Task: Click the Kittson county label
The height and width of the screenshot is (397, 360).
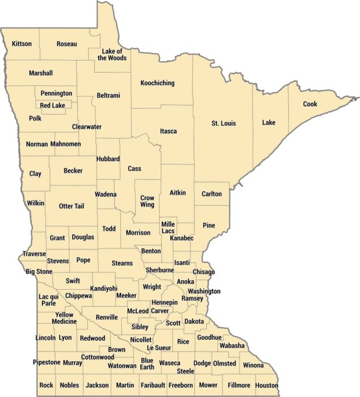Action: (x=22, y=44)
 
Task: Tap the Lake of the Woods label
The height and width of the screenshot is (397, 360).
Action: (x=112, y=54)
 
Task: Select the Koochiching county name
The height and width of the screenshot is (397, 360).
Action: (x=157, y=83)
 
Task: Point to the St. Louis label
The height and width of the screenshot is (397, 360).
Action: (x=223, y=123)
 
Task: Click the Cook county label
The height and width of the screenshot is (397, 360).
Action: (x=309, y=104)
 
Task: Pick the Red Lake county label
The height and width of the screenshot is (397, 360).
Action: (x=52, y=105)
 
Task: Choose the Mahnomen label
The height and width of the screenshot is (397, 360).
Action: (x=65, y=144)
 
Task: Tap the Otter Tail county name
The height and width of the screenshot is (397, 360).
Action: (x=71, y=206)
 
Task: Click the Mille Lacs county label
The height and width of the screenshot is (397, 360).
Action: (x=168, y=228)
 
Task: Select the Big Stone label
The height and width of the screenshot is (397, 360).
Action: (x=39, y=272)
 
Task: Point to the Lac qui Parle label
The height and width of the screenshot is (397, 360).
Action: (x=48, y=299)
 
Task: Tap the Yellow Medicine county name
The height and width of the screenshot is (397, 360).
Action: (x=64, y=318)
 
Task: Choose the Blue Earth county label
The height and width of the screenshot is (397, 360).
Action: (x=147, y=364)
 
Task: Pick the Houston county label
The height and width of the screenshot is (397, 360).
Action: (x=266, y=385)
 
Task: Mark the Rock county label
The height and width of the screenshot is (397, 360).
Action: (x=47, y=385)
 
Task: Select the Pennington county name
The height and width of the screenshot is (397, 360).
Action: (x=56, y=93)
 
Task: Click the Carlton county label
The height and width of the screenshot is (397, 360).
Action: (x=212, y=194)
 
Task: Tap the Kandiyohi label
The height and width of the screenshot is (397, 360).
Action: (x=103, y=289)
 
